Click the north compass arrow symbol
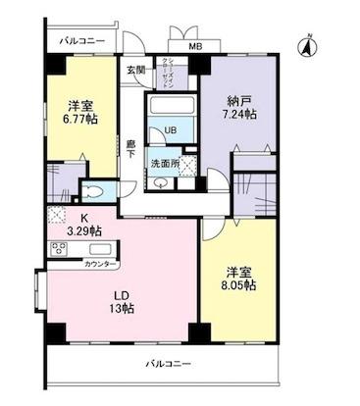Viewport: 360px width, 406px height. (306, 44)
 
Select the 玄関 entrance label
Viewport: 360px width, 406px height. (135, 70)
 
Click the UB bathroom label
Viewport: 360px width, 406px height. (169, 128)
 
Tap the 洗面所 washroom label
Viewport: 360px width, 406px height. (165, 163)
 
